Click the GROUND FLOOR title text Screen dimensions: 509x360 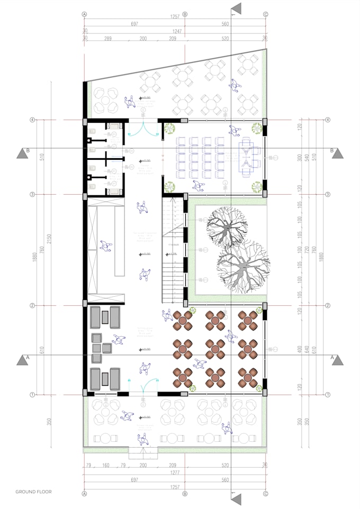33,492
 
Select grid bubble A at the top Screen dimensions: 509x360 84,14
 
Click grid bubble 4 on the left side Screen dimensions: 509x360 33,120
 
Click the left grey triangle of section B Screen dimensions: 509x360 23,153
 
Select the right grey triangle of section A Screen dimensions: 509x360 338,360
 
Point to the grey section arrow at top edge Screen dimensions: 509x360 236,8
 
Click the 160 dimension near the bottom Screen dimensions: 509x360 106,465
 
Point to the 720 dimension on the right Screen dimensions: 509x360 305,248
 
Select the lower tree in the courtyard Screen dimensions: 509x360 243,266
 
